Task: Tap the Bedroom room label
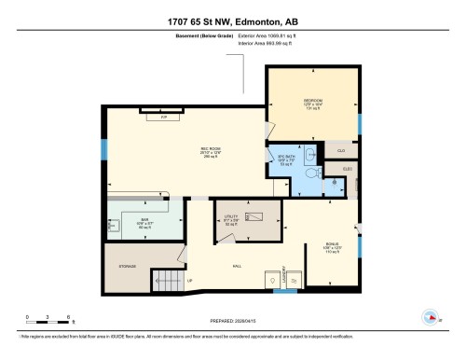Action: coord(311,103)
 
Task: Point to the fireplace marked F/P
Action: coord(164,116)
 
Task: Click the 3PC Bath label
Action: coord(285,159)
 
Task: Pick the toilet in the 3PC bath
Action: coord(315,172)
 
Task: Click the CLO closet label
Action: coord(341,150)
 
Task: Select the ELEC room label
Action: coord(346,169)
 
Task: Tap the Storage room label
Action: coord(128,267)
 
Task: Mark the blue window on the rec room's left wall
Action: coord(104,150)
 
